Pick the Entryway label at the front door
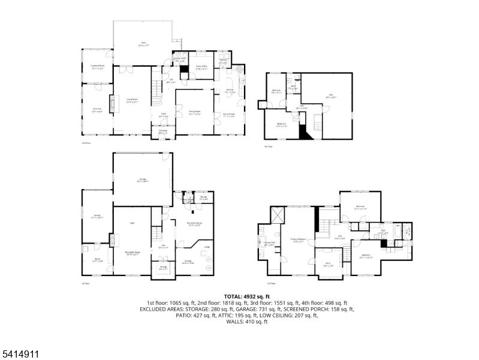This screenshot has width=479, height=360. coord(162,131)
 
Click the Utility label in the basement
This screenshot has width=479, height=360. coord(206,247)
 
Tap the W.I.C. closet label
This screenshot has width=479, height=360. coord(328,265)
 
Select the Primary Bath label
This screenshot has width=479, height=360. coord(269,244)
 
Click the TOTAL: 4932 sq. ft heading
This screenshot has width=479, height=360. coord(247,296)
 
